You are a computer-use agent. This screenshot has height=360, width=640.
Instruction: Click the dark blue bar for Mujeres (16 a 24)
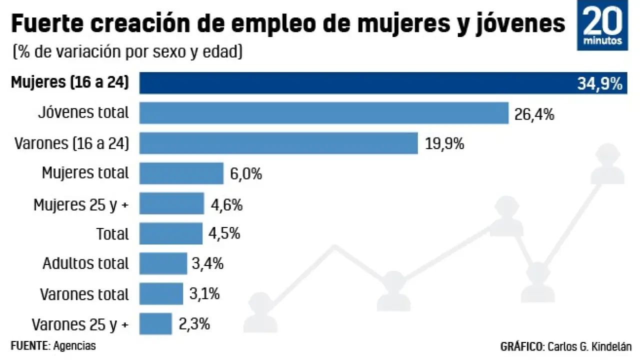pos(350,83)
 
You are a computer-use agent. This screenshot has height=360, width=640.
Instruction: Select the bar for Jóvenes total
pos(323,113)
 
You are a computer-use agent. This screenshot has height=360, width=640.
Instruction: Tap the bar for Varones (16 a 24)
pos(278,143)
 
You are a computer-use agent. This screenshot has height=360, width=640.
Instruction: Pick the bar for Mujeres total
pos(181,173)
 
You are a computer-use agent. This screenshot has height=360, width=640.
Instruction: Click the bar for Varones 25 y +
pos(155,323)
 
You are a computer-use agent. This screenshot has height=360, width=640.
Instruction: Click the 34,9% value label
pos(600,83)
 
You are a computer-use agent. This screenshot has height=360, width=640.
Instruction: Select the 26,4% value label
pos(534,114)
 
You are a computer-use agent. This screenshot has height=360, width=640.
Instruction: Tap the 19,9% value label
pos(444,144)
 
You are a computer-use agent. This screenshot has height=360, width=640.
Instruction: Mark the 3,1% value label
pos(204,294)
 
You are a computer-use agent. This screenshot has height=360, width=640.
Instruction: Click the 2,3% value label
pos(193,324)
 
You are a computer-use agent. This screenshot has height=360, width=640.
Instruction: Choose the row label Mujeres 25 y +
pos(81,204)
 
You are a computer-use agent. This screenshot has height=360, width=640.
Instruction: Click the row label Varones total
pos(84,294)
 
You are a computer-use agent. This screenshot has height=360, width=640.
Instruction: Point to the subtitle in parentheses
pos(128,51)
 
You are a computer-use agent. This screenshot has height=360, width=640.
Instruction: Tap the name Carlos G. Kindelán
pos(589,346)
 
